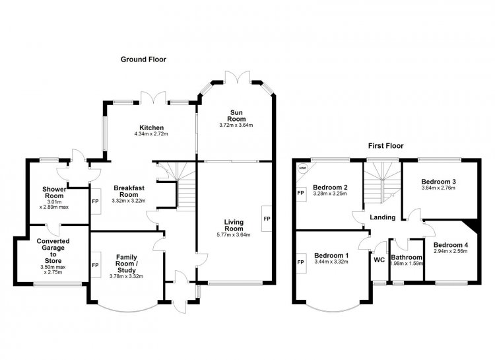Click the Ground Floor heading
(x=143, y=59)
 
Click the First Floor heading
(x=386, y=146)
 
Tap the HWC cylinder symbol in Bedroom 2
(x=302, y=168)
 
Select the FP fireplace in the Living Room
(x=267, y=219)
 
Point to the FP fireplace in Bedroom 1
(x=301, y=262)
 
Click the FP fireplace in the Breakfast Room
(x=95, y=201)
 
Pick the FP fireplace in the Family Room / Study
(x=95, y=265)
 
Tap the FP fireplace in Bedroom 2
(x=301, y=192)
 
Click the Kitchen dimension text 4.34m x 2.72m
(x=151, y=133)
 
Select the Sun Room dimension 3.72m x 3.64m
(x=236, y=125)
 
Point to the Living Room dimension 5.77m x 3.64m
(x=234, y=234)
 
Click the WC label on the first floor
(x=379, y=260)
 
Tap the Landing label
(x=383, y=217)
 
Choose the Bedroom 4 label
(x=451, y=245)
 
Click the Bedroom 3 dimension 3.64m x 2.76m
(x=438, y=188)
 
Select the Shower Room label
(x=54, y=192)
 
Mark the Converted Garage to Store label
(x=53, y=251)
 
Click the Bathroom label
(x=407, y=257)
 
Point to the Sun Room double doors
(x=237, y=77)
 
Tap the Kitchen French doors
(x=153, y=98)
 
